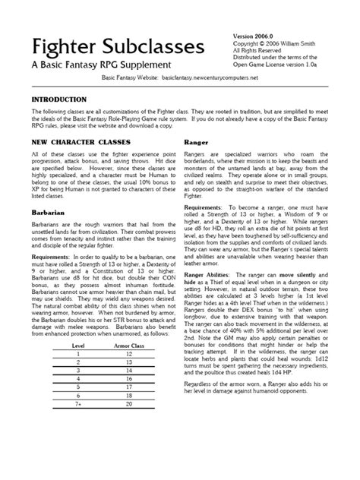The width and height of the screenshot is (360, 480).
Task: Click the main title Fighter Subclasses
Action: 118,47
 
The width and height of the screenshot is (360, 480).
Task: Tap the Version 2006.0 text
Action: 256,36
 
